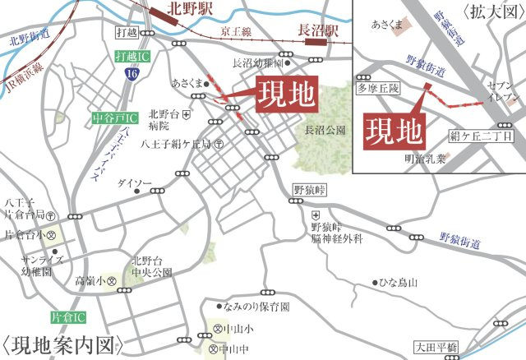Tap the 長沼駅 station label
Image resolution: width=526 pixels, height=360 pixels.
(317, 30)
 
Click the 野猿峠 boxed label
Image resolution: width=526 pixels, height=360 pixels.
(310, 191)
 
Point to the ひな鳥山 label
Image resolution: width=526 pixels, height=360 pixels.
(398, 283)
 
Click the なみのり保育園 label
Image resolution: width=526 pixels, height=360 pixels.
(261, 307)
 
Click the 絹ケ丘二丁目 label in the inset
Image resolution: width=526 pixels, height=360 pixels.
(481, 136)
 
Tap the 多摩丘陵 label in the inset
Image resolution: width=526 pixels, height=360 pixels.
(376, 86)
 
